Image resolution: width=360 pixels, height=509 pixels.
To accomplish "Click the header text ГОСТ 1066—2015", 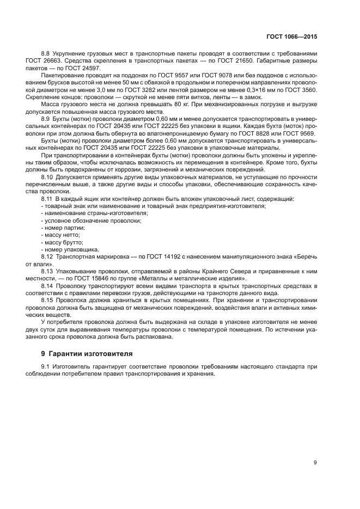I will coord(292,38).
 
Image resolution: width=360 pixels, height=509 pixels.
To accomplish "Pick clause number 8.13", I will coord(48,271).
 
